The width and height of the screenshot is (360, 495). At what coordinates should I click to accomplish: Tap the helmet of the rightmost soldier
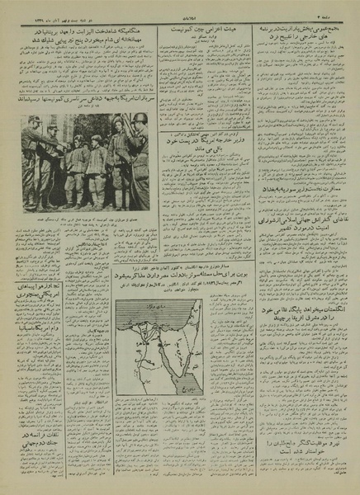pos(138,123)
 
